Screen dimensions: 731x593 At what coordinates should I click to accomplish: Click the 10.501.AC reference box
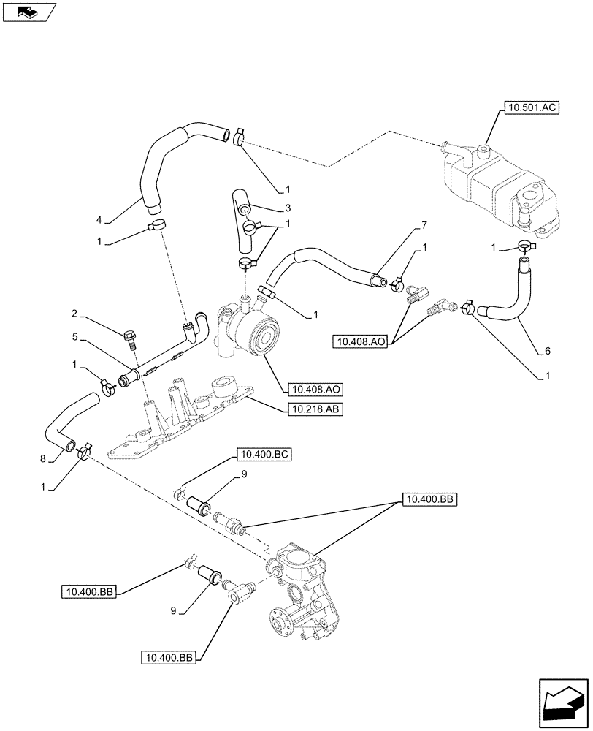coord(530,108)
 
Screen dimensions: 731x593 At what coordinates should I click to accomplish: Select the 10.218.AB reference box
coord(313,410)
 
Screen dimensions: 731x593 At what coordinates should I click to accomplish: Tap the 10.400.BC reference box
coord(264,455)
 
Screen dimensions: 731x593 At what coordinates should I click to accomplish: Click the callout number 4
coord(99,219)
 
